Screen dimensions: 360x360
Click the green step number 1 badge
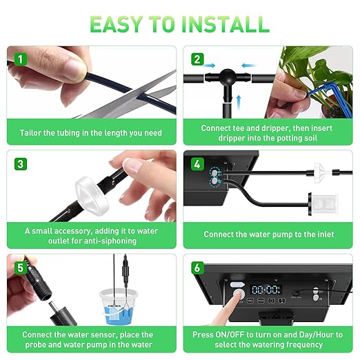[x=21, y=59]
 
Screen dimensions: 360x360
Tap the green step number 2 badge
[x=197, y=59]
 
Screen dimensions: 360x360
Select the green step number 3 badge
[x=21, y=164]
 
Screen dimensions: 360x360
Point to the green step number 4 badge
[x=197, y=164]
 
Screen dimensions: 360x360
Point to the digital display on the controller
[x=264, y=290]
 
